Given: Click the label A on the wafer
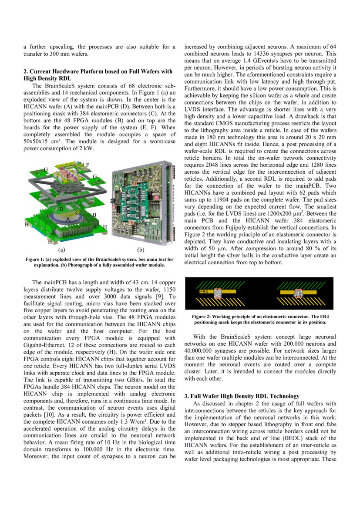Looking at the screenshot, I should pyautogui.click(x=68, y=219).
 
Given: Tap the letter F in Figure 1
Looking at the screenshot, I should pyautogui.click(x=87, y=165).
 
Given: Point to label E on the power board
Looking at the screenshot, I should pyautogui.click(x=68, y=175).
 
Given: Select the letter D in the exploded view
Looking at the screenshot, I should pyautogui.click(x=61, y=209).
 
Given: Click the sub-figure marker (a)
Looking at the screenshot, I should pyautogui.click(x=61, y=250).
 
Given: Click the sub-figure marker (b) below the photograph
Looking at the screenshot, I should pyautogui.click(x=141, y=250).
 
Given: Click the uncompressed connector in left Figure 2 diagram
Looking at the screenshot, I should pyautogui.click(x=217, y=293).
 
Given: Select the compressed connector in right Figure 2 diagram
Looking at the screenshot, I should pyautogui.click(x=299, y=293).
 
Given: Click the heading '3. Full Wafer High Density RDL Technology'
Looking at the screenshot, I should pyautogui.click(x=242, y=396).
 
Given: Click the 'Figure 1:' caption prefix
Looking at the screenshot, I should pyautogui.click(x=37, y=260).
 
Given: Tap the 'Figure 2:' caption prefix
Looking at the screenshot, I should pyautogui.click(x=203, y=317).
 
